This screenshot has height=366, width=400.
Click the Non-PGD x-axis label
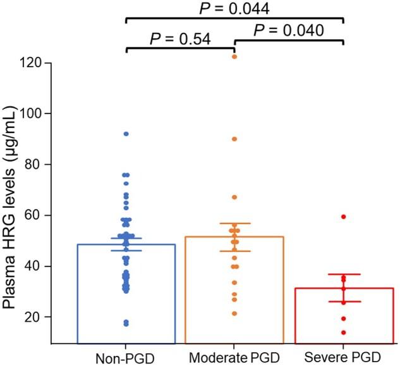pyautogui.click(x=126, y=356)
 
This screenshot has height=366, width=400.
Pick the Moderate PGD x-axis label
pyautogui.click(x=234, y=356)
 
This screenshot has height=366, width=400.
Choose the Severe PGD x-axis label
pyautogui.click(x=343, y=356)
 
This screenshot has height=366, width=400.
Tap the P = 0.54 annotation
pyautogui.click(x=180, y=38)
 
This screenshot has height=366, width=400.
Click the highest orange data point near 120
pyautogui.click(x=234, y=57)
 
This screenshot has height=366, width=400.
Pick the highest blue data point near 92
pyautogui.click(x=126, y=134)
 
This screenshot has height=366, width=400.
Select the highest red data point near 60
pyautogui.click(x=343, y=217)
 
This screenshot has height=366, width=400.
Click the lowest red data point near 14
pyautogui.click(x=343, y=332)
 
